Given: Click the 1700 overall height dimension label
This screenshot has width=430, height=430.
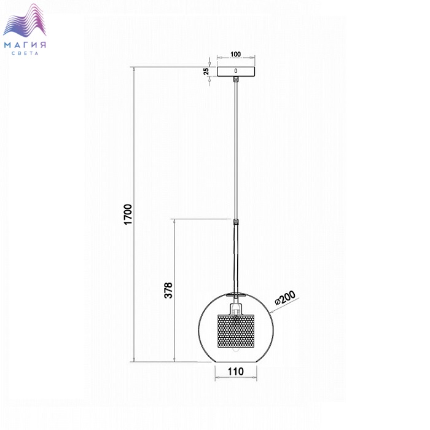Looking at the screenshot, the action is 128,214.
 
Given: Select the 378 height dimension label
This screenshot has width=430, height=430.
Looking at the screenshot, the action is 168,290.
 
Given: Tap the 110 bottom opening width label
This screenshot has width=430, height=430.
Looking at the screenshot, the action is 235,372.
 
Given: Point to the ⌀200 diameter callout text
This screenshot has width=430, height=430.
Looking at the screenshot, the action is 286,297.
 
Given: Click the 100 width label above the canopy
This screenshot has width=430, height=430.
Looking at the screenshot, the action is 235,54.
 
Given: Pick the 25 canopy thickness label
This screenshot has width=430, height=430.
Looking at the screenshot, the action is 206,71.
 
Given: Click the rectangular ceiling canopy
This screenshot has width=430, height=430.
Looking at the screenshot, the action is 236,71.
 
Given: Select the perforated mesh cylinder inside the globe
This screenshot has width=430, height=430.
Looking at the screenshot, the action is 236,331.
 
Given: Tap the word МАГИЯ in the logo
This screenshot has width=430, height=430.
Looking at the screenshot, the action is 25,45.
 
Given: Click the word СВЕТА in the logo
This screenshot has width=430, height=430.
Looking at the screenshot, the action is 25,53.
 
